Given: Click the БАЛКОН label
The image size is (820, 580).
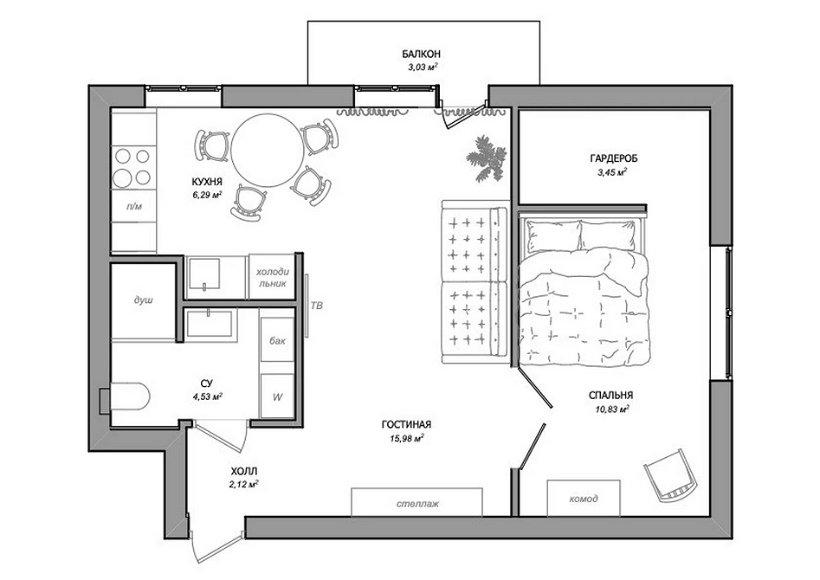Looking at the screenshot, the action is tap(421, 54).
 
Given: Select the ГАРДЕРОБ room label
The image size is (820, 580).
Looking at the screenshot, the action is tap(613, 158).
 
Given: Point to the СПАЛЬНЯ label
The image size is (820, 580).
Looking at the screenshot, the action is tap(610, 396).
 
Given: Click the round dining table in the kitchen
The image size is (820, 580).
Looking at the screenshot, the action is tap(268, 150).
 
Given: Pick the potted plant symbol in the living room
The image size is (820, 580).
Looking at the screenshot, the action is tap(487, 158).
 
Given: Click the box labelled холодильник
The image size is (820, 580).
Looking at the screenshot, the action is tap(271, 277).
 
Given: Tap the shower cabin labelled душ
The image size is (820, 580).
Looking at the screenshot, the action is tap(143, 301).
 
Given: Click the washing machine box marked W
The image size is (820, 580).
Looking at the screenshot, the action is tap(277, 396).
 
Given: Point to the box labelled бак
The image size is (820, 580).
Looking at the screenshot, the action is tap(277, 340).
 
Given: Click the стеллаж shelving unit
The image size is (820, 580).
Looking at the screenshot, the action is tap(416, 503).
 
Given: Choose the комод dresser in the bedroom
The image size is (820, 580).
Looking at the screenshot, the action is tap(584, 499).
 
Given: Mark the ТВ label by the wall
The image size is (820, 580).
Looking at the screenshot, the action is tap(317, 305).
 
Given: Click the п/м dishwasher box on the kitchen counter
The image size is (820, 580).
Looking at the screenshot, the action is tap(134, 206).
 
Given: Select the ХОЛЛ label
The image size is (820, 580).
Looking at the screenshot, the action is tap(243, 471).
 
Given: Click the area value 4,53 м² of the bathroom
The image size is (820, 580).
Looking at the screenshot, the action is tap(208, 396).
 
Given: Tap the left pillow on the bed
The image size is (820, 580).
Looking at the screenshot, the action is tap(554, 236).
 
